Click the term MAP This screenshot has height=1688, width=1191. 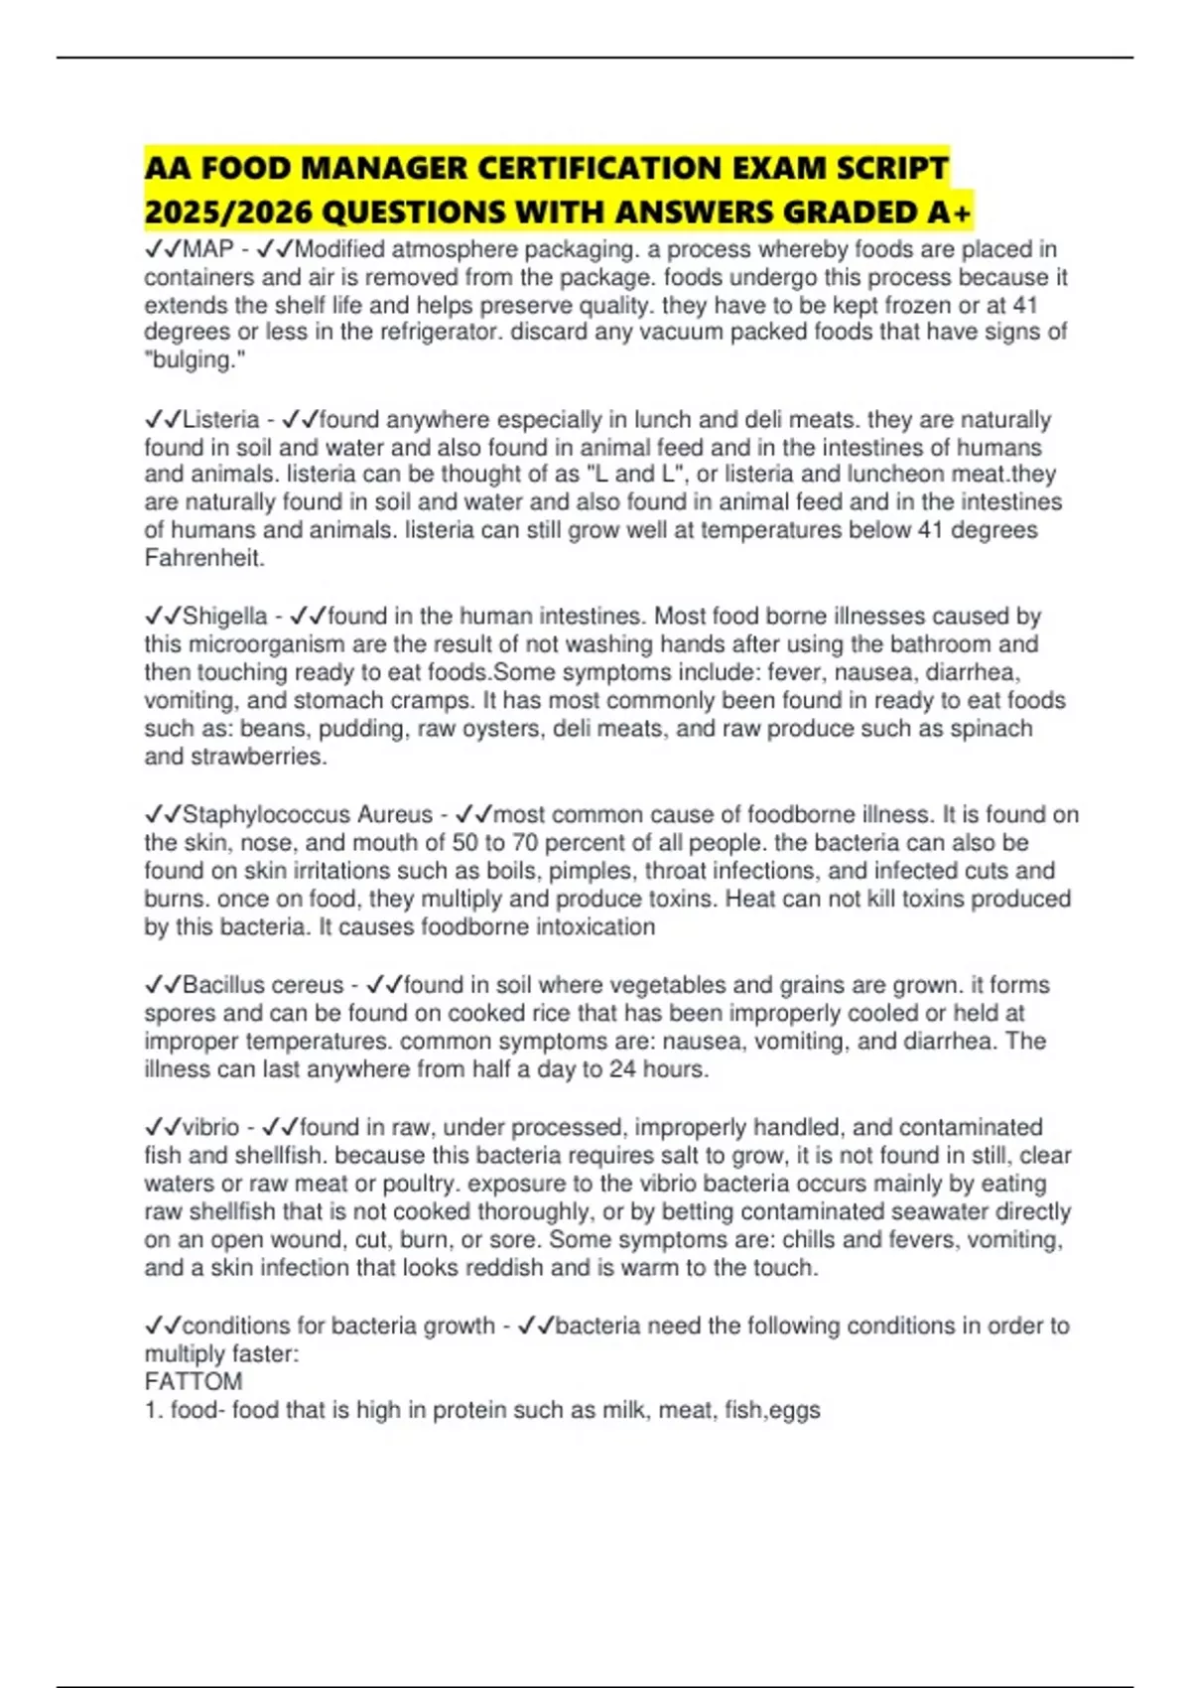click(x=208, y=249)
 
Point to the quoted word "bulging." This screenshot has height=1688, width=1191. click(x=195, y=360)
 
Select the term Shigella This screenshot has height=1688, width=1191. click(x=225, y=617)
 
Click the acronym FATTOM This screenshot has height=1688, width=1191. click(x=194, y=1382)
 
